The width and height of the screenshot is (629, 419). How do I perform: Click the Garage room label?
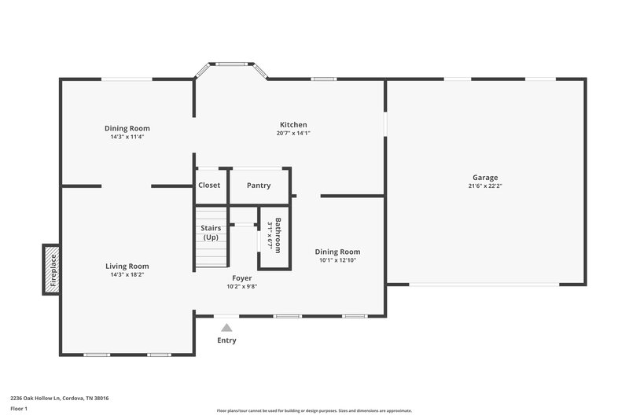point(485,178)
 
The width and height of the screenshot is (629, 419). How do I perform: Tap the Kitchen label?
point(293,124)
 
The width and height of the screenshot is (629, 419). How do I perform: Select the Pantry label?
point(259,186)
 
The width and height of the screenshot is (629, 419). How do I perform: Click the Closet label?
point(209,186)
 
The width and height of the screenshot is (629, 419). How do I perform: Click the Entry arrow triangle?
point(226,328)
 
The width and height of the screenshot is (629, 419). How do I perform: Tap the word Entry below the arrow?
point(226,340)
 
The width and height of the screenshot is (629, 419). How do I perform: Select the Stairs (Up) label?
point(211,233)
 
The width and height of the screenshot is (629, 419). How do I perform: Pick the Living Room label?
point(127,266)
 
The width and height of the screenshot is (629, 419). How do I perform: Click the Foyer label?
point(241,278)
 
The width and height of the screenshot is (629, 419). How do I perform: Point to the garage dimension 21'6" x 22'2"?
point(485,186)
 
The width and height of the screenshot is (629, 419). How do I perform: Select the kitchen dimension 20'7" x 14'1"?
point(293,133)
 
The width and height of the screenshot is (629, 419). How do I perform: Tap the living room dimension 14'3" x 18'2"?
point(127,274)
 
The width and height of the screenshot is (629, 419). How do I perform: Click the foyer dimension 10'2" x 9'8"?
point(241,286)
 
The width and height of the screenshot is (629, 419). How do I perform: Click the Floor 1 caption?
point(19,410)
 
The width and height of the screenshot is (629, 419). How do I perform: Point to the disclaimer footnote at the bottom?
point(314,410)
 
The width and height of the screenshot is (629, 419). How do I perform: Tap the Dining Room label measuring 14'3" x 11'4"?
point(127,128)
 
